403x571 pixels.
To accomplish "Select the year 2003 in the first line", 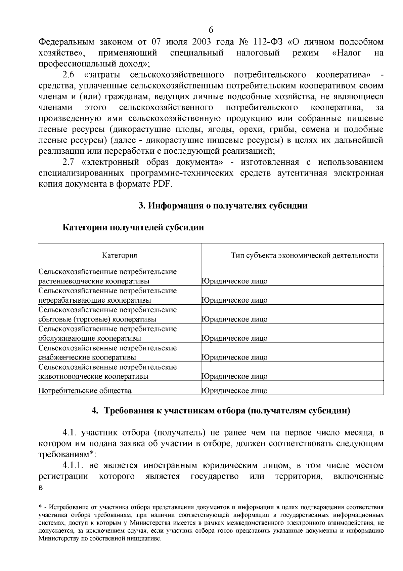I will pyautogui.click(x=205, y=42).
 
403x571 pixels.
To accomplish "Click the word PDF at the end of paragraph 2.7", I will pyautogui.click(x=162, y=184).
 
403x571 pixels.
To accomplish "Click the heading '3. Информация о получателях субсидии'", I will pyautogui.click(x=223, y=205).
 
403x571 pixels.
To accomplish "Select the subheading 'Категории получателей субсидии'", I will pyautogui.click(x=133, y=228).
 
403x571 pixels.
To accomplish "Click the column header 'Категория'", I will pyautogui.click(x=120, y=255).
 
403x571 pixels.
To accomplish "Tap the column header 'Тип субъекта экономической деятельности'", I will pyautogui.click(x=304, y=255).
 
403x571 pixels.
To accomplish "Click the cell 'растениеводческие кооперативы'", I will pyautogui.click(x=94, y=281).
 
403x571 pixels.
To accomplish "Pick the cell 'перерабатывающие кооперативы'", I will pyautogui.click(x=95, y=300).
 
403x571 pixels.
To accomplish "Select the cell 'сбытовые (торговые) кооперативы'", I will pyautogui.click(x=97, y=319).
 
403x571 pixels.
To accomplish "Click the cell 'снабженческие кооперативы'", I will pyautogui.click(x=88, y=357).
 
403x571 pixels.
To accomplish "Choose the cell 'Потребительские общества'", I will pyautogui.click(x=85, y=391).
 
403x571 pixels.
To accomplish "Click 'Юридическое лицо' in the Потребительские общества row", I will pyautogui.click(x=234, y=391).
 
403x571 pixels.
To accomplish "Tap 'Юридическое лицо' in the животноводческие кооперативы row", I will pyautogui.click(x=234, y=376).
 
